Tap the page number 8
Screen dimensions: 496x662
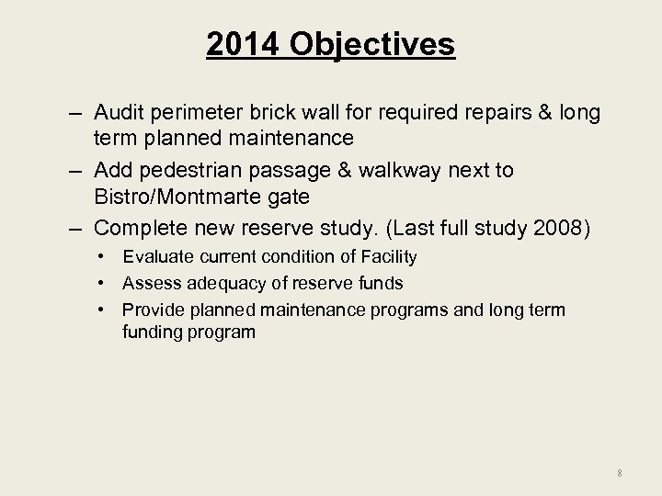pos(621,473)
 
